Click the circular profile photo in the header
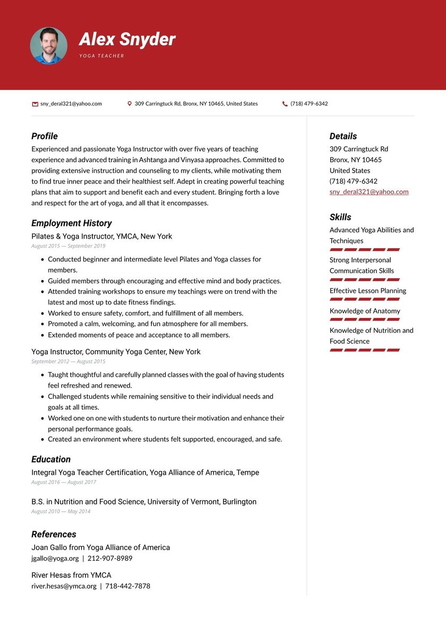click(x=48, y=46)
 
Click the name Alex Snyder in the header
click(x=127, y=39)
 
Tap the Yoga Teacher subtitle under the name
click(x=101, y=56)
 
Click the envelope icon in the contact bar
click(x=35, y=104)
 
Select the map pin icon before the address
click(x=130, y=104)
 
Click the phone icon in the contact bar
click(x=285, y=104)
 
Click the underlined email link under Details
click(x=369, y=192)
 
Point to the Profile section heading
click(x=45, y=136)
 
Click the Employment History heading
click(x=71, y=223)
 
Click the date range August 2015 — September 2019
click(x=68, y=246)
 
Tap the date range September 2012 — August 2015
click(x=68, y=361)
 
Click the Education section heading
click(x=51, y=459)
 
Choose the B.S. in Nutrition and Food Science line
click(x=143, y=502)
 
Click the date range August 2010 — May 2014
click(x=61, y=511)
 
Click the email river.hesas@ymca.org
click(x=64, y=586)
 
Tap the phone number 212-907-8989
click(x=110, y=559)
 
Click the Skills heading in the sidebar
click(x=340, y=217)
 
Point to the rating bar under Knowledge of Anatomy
click(x=364, y=319)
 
